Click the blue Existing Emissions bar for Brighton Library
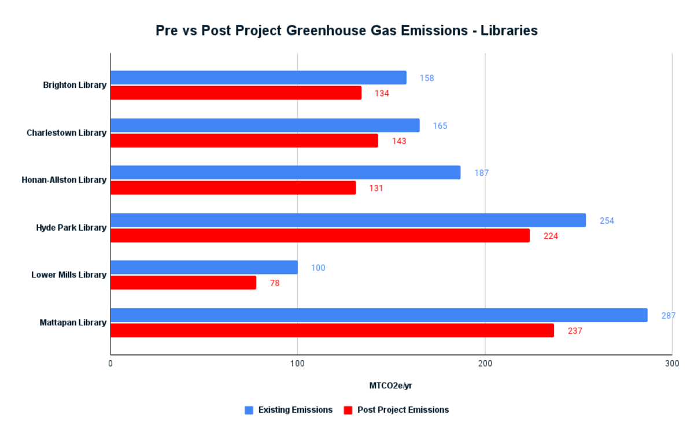point(258,77)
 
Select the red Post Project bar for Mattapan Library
point(332,330)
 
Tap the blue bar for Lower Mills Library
point(204,267)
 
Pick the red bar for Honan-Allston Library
point(233,188)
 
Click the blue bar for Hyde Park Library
point(348,220)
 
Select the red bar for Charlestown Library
point(244,140)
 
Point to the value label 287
point(669,316)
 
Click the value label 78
point(275,283)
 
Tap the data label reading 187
point(481,173)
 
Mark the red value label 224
point(551,236)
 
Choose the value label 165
point(440,125)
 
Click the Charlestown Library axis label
point(67,133)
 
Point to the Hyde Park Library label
point(71,228)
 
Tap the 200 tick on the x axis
point(485,364)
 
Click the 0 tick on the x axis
point(110,364)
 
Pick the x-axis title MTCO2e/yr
point(391,386)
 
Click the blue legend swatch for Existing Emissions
point(249,410)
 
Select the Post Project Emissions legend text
point(403,410)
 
